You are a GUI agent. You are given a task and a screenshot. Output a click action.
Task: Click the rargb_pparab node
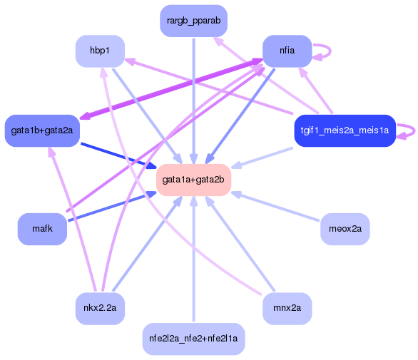tap(194, 22)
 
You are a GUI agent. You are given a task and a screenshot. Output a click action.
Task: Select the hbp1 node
tap(100, 51)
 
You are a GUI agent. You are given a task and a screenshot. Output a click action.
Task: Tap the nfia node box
tap(287, 51)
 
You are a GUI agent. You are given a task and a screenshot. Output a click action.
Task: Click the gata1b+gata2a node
tap(42, 130)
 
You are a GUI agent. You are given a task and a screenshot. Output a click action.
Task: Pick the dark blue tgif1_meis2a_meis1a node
tap(345, 130)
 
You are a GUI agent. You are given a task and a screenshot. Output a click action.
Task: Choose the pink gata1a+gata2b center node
tap(193, 180)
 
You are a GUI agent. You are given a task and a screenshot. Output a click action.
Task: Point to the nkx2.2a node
tap(100, 309)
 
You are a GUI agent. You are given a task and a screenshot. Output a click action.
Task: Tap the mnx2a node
tap(287, 309)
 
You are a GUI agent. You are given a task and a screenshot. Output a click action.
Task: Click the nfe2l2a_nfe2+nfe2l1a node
tap(193, 338)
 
